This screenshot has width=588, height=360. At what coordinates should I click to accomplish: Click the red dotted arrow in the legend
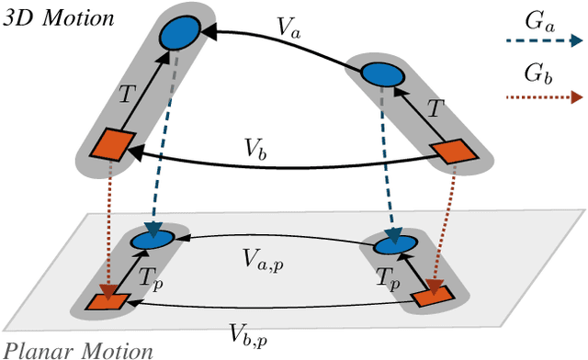click(x=544, y=96)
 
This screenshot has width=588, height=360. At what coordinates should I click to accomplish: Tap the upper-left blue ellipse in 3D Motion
click(x=180, y=34)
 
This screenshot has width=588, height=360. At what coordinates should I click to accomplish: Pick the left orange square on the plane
click(x=104, y=300)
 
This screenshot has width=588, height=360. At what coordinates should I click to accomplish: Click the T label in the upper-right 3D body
click(x=433, y=107)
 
